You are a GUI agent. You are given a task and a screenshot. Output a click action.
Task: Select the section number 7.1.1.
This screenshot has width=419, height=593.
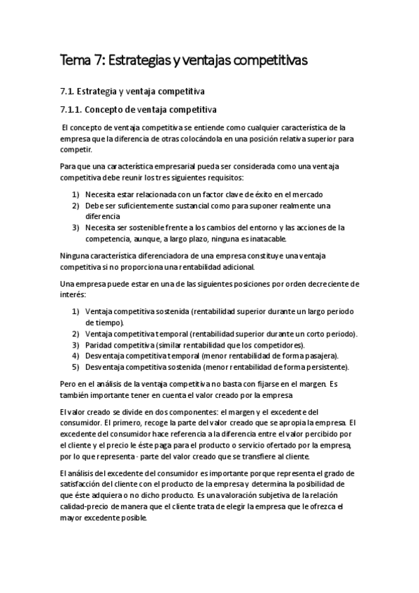(73, 110)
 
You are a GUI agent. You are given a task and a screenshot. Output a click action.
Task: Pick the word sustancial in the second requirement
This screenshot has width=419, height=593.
(190, 206)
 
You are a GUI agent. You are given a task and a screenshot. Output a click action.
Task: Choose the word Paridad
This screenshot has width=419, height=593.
(99, 345)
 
